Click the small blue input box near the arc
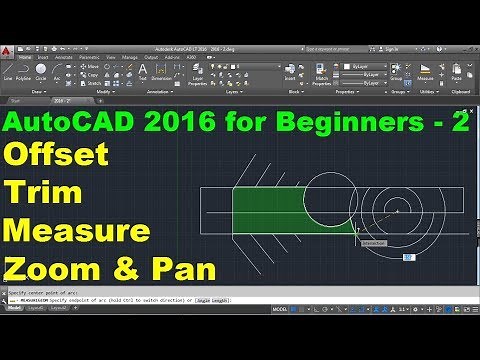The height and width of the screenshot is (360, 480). click(408, 257)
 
